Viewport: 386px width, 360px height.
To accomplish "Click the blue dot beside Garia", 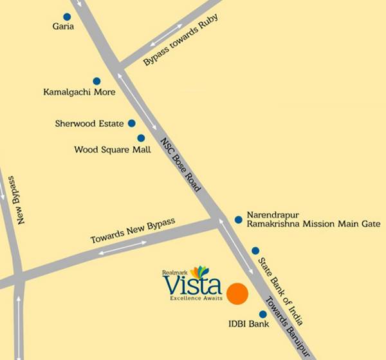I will click(x=67, y=17).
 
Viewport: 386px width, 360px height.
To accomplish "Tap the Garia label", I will click(x=64, y=28).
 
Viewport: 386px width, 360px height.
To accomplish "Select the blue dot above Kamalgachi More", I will click(x=96, y=81).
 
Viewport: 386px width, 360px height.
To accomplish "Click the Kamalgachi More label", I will click(x=79, y=92).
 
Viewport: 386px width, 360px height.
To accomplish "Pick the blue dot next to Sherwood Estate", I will click(x=131, y=123).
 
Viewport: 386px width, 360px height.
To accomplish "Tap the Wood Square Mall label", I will click(x=113, y=149).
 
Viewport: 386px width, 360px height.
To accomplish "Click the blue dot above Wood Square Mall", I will click(x=141, y=138).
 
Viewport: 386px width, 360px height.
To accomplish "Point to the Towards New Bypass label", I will click(x=133, y=231).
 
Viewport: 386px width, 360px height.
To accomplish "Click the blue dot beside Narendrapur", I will click(x=238, y=220).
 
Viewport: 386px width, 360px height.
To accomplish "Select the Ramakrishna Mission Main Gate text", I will click(x=309, y=224).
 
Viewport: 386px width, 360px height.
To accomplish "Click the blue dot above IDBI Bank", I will click(x=262, y=314).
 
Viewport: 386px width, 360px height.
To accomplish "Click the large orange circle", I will click(x=237, y=293).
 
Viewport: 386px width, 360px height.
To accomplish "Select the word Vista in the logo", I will click(x=192, y=284).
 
